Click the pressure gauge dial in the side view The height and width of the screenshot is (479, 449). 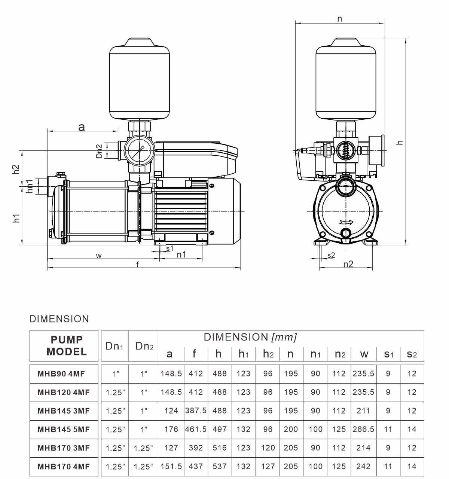(139, 150)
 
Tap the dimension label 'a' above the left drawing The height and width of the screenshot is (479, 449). (82, 127)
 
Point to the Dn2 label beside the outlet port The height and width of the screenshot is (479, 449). (99, 151)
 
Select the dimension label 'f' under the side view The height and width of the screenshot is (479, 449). (137, 264)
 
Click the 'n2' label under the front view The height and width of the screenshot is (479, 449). (348, 264)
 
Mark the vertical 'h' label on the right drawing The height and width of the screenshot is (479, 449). (400, 142)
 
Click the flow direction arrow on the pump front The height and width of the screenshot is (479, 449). (346, 222)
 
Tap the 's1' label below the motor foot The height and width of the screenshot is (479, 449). (169, 248)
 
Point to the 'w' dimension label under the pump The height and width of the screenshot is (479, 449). (98, 256)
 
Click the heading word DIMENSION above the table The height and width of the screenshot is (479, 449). (59, 319)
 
